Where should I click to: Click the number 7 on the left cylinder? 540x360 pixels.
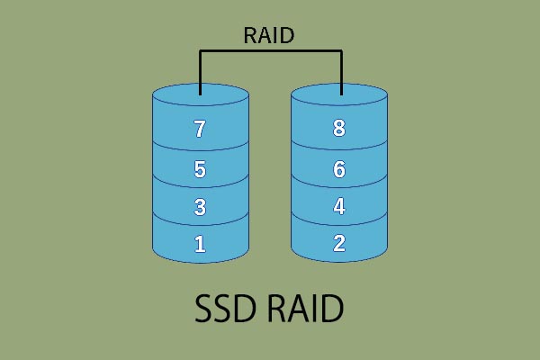pos(200,129)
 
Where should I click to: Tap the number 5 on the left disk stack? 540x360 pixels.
pos(200,168)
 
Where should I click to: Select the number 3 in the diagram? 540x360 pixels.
pos(200,206)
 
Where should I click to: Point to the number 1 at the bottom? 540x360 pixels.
pos(200,243)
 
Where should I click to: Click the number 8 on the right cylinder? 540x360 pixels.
pos(339,129)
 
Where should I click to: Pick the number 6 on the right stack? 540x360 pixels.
pos(339,168)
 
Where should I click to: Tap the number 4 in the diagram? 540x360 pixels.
pos(339,206)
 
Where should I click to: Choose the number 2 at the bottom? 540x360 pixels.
pos(339,243)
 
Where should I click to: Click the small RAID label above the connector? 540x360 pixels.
pos(270,36)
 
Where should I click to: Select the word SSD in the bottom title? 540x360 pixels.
pos(229,310)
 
